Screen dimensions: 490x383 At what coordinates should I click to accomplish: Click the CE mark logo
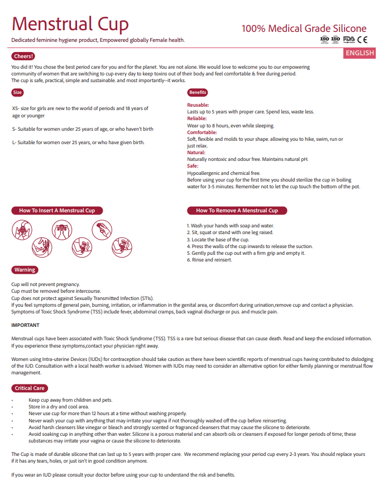[362, 39]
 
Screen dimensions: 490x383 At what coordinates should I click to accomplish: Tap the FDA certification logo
[349, 39]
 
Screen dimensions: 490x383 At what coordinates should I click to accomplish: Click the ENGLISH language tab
[360, 53]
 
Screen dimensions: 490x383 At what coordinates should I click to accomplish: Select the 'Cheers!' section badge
[23, 56]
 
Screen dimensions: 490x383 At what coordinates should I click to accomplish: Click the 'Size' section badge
[17, 92]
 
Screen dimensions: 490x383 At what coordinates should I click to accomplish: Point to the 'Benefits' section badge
[198, 92]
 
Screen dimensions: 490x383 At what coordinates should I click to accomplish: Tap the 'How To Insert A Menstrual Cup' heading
[57, 211]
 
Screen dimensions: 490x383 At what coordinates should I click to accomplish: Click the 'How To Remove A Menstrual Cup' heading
[237, 211]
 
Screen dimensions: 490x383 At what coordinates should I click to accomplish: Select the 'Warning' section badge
[25, 270]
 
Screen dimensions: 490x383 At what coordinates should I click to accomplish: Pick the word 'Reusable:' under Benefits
[198, 105]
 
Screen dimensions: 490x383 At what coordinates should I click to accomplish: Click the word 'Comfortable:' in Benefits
[202, 132]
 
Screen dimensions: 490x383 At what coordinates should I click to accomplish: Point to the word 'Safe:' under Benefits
[193, 166]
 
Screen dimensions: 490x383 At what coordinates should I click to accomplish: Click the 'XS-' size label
[15, 108]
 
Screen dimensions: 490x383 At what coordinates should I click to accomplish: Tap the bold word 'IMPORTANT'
[25, 325]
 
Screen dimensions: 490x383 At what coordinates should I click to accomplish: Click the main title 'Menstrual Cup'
[70, 23]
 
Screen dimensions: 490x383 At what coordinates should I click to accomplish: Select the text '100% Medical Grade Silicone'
[304, 28]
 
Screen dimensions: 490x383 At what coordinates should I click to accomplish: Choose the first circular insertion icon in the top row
[21, 230]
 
